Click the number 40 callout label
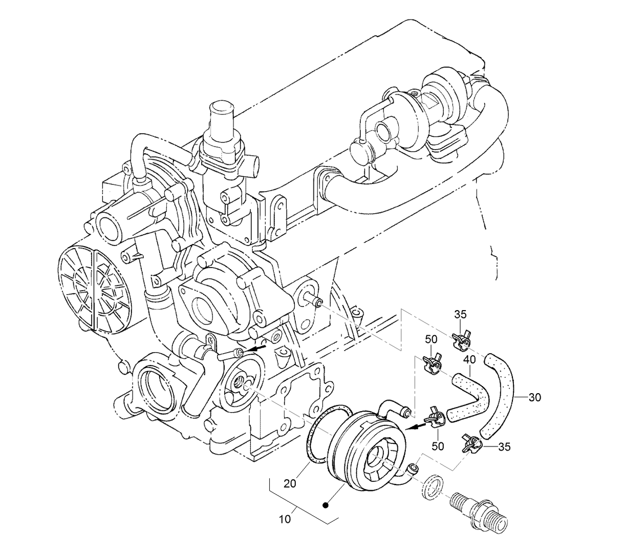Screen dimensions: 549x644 coord(469,360)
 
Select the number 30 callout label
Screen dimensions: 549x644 coord(534,397)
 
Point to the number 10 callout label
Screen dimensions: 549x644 coord(286,519)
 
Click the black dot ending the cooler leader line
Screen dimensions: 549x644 coord(325,504)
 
